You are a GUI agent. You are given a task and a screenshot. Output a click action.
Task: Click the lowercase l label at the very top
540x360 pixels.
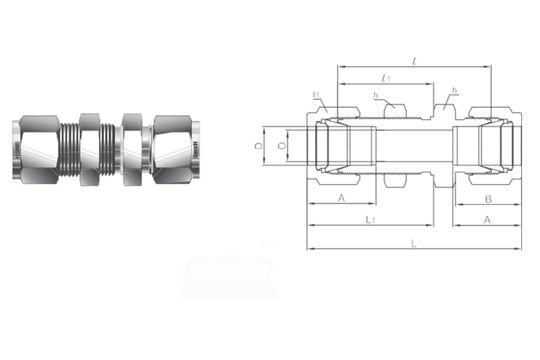point(413,60)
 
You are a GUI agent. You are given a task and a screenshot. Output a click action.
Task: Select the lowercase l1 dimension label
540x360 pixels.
point(386,77)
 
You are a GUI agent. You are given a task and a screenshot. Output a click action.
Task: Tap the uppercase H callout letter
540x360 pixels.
point(315,97)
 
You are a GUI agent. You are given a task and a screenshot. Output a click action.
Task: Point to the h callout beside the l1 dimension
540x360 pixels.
point(375,97)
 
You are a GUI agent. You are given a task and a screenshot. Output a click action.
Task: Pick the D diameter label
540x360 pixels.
point(258,146)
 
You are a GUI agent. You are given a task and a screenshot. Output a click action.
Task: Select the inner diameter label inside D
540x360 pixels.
point(281,146)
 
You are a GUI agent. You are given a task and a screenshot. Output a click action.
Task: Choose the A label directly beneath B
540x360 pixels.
point(486,219)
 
